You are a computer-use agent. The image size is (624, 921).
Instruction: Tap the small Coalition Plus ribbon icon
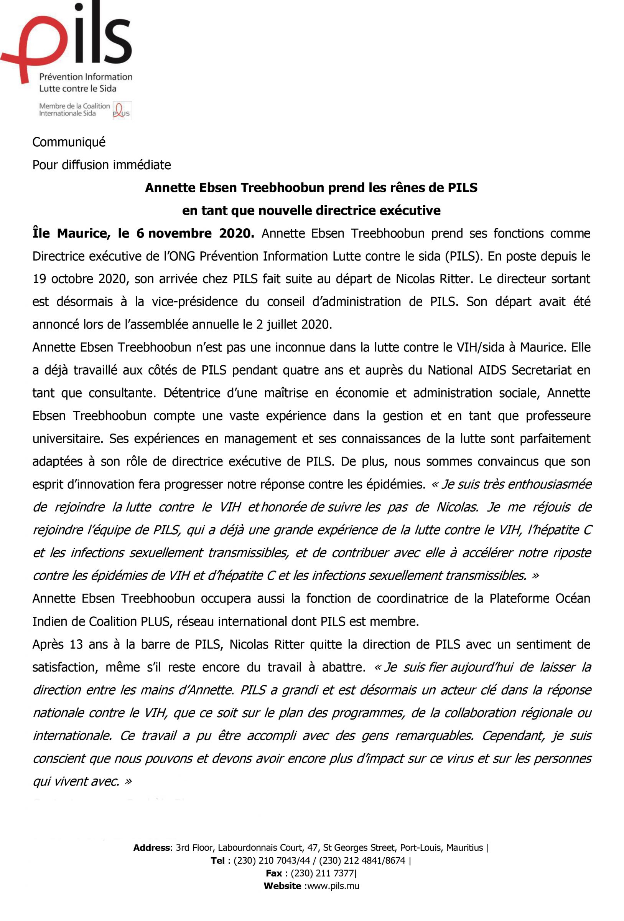pyautogui.click(x=122, y=110)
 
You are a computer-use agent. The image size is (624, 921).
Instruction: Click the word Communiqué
pyautogui.click(x=69, y=142)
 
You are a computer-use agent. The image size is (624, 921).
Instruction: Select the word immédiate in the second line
pyautogui.click(x=146, y=165)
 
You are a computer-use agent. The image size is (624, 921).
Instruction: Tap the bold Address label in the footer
pyautogui.click(x=152, y=848)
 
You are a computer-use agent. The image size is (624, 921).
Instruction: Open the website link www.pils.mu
pyautogui.click(x=333, y=886)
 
